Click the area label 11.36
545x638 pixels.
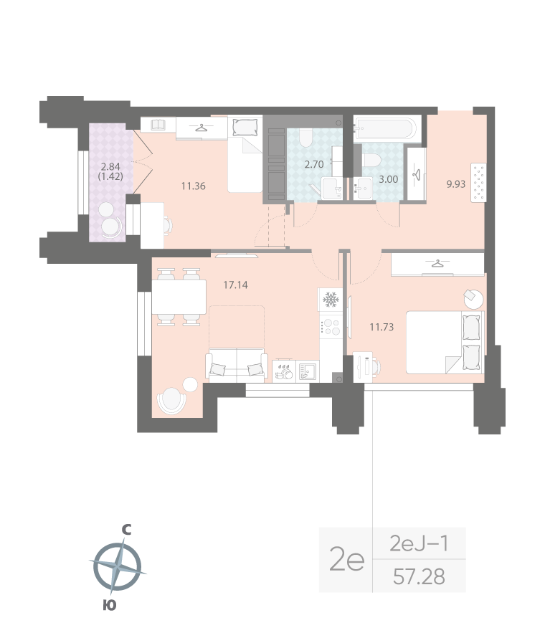(x=194, y=186)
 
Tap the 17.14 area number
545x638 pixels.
(x=235, y=285)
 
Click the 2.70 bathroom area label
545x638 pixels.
(x=314, y=164)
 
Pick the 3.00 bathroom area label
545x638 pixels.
(x=387, y=178)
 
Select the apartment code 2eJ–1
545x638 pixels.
(x=420, y=544)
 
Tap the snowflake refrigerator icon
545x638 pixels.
(x=331, y=300)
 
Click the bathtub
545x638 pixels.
(x=386, y=130)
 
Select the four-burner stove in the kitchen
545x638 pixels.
(x=331, y=326)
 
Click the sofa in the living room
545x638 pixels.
(x=237, y=365)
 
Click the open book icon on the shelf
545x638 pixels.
(x=158, y=125)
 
